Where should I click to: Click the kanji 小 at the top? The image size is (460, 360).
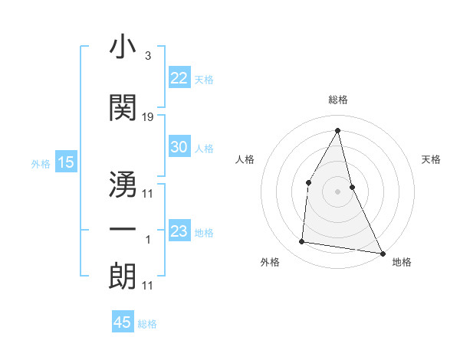point(123,47)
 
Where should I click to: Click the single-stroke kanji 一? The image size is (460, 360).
point(123,230)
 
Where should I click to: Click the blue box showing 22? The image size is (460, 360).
point(179,78)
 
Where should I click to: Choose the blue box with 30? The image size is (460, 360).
point(179,148)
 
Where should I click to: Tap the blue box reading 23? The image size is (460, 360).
point(179,231)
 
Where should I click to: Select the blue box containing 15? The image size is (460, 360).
point(66,162)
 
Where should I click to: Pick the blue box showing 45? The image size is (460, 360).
point(123,322)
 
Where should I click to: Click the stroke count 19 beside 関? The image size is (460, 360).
point(148,117)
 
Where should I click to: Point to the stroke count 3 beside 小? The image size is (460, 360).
point(148,56)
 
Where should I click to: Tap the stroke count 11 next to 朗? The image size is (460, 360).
point(148,286)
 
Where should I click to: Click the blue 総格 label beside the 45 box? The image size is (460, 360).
point(147,324)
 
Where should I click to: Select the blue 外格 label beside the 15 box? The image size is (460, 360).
point(40,163)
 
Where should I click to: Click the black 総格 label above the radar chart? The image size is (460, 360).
point(338,100)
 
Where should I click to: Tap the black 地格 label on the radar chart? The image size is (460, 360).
point(402,262)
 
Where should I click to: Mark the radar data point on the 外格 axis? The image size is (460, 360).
point(302,242)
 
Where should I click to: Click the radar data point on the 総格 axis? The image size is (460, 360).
point(338,130)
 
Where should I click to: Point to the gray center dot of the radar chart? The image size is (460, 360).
point(338,191)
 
